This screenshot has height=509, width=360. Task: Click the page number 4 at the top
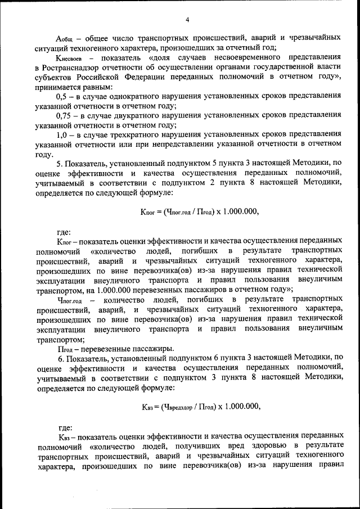[x=187, y=21]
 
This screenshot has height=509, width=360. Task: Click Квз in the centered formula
[x=148, y=406]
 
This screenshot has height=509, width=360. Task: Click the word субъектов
[x=57, y=77]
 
